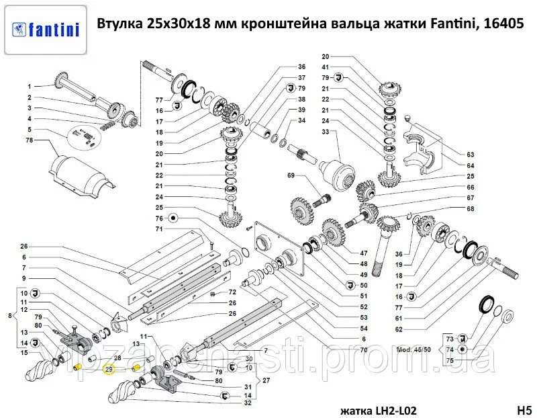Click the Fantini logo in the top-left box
pos(46,30)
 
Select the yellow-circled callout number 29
pos(109,370)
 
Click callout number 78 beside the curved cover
pos(30,140)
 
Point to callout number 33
pos(326,132)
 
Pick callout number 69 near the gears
pos(291,175)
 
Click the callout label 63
pos(471,155)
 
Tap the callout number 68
pos(471,208)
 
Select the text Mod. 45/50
pos(413,350)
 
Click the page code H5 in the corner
pos(524,410)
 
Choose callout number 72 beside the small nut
pos(232,292)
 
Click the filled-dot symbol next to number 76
pos(173,218)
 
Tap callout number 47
pos(364,253)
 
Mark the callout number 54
pos(364,328)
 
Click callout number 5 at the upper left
pos(30,129)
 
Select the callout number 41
pos(326,67)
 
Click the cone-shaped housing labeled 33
pos(338,174)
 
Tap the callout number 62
pos(399,329)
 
